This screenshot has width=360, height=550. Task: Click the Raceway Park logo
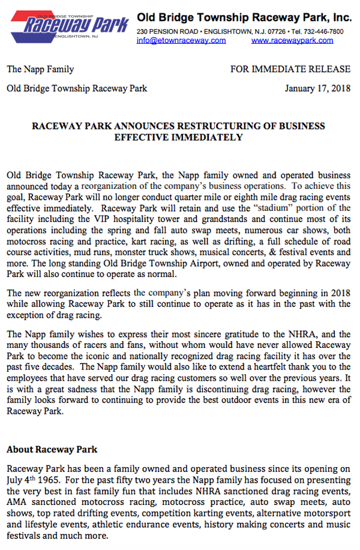coord(68,23)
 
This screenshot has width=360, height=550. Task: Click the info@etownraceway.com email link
coord(181,41)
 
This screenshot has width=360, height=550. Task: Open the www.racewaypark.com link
coord(292,41)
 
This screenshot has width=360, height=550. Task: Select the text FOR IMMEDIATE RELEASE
coord(290,70)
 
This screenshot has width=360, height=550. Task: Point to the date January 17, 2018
coord(317,89)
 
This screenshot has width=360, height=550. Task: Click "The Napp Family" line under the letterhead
coord(40,70)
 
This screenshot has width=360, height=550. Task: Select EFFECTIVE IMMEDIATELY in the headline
coord(178,137)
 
